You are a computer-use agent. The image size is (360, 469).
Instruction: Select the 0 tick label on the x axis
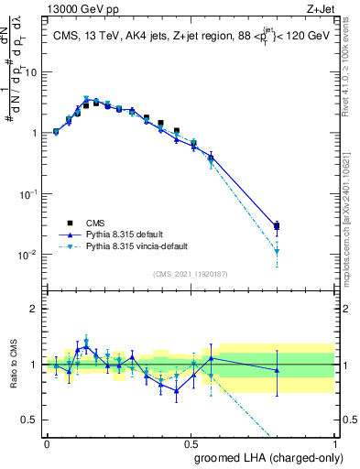47,442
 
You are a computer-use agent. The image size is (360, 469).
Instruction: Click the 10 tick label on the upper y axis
32,71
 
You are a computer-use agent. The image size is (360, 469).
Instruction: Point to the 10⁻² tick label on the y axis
30,255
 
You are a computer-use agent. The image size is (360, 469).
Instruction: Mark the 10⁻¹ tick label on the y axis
30,194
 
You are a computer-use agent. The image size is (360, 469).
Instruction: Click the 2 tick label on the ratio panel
35,309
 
